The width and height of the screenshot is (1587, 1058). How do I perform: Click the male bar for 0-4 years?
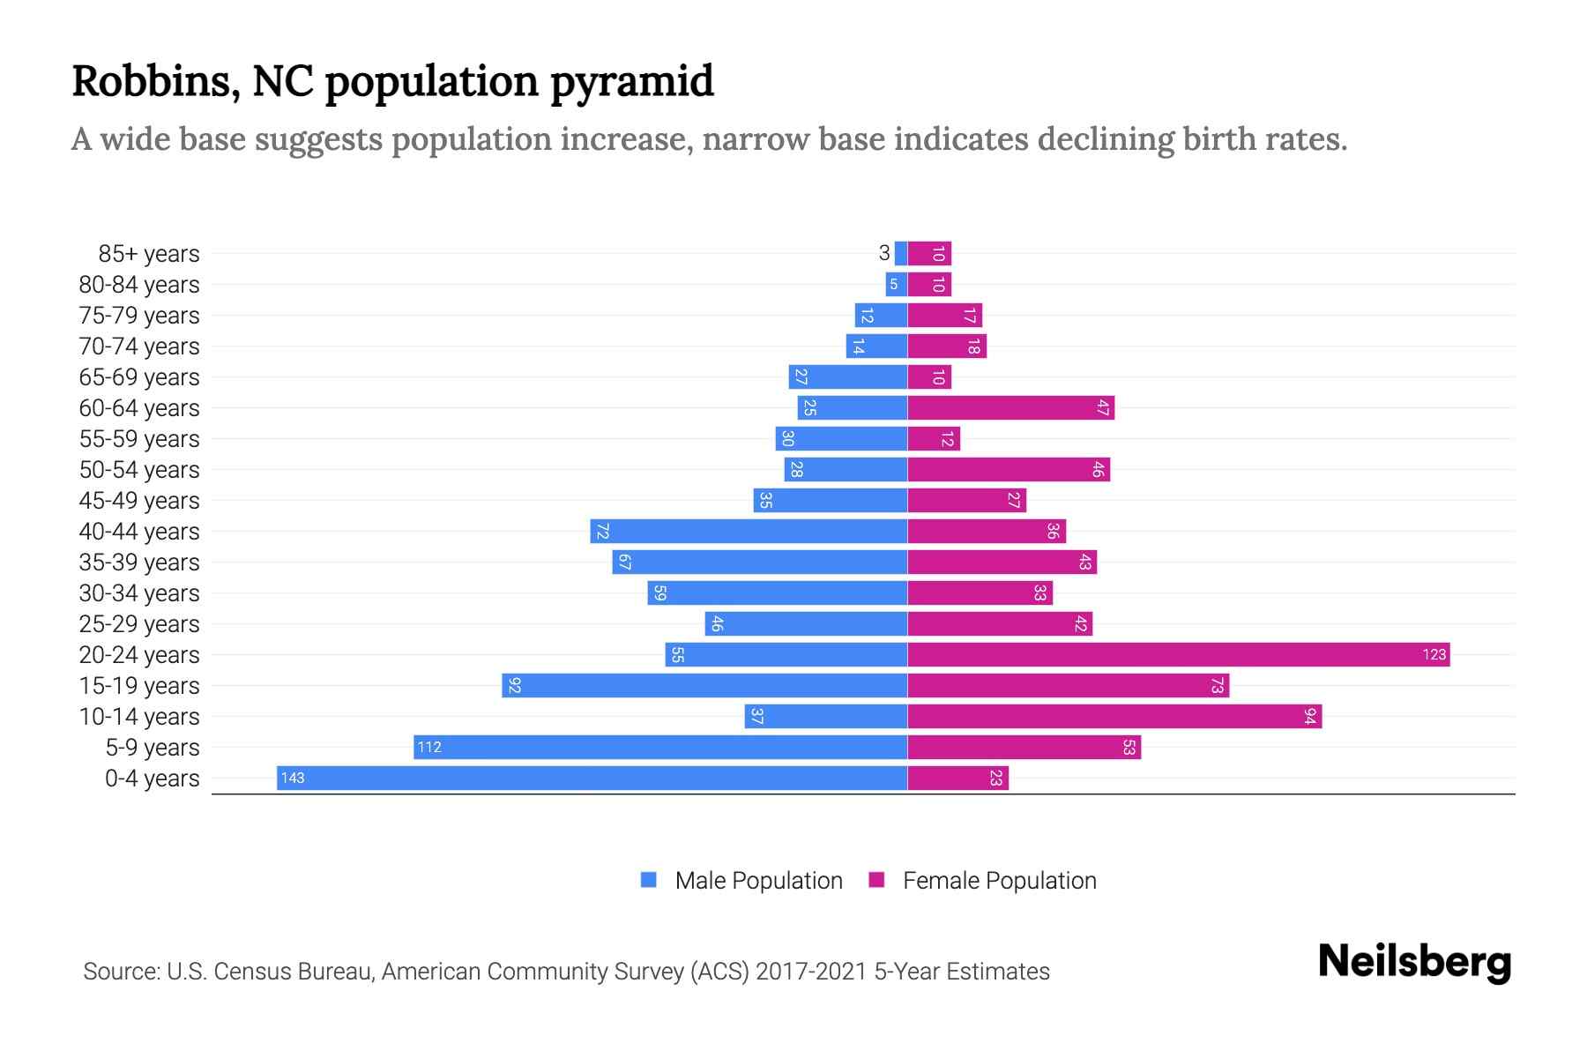tap(592, 778)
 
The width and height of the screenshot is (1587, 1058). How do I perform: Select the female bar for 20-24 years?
tap(1178, 654)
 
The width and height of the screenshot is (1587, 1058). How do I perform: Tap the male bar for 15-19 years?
tap(704, 685)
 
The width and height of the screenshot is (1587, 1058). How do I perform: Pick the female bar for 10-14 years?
tap(1114, 716)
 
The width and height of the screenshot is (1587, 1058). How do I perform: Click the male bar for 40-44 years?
tap(749, 531)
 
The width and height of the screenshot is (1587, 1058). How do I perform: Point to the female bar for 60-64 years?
tap(1010, 407)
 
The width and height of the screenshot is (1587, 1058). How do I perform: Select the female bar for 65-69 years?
tap(929, 376)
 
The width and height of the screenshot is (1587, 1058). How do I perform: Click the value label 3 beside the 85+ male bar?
tap(883, 253)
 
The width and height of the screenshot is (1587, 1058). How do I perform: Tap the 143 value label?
tap(293, 778)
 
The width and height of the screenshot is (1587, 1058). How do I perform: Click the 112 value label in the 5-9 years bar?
tap(429, 747)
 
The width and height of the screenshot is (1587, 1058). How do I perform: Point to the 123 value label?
tap(1434, 654)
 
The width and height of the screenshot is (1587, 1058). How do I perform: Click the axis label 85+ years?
tap(148, 254)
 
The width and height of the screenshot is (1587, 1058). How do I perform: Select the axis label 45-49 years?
tap(139, 501)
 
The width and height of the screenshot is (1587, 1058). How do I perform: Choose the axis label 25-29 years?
tap(139, 624)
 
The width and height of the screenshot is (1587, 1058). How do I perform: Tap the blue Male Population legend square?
tap(649, 880)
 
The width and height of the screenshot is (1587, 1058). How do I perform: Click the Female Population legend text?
tap(999, 881)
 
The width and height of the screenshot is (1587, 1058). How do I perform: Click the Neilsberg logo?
tap(1414, 962)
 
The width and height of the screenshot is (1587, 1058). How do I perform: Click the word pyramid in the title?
tap(631, 82)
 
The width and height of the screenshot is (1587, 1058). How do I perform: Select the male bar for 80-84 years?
tap(897, 284)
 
